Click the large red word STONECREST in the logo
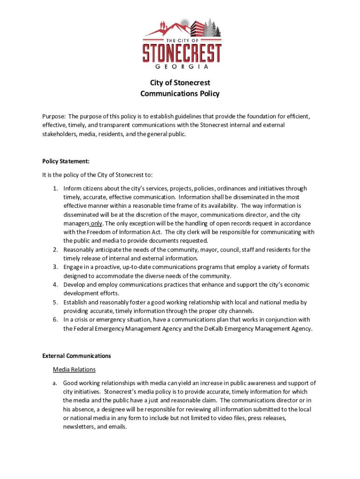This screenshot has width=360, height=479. click(x=182, y=53)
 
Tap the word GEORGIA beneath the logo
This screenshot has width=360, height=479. click(x=182, y=66)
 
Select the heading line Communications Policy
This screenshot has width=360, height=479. click(x=180, y=94)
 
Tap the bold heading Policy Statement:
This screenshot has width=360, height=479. click(x=65, y=161)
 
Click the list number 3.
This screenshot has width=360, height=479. click(x=55, y=267)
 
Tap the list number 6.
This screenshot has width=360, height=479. click(x=55, y=320)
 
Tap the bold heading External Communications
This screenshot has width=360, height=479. click(x=77, y=356)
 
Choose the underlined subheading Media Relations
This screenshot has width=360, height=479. click(x=74, y=370)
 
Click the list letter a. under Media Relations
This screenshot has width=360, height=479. click(x=55, y=383)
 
